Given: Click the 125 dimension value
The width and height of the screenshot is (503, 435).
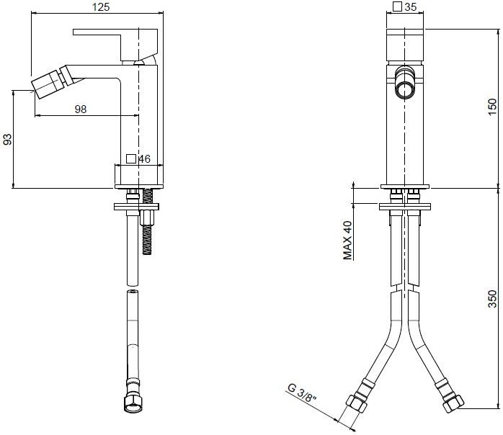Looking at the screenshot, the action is [101, 6].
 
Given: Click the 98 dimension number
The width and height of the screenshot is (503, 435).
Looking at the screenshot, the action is [81, 109].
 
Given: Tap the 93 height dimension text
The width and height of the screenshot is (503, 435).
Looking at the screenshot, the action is [7, 139].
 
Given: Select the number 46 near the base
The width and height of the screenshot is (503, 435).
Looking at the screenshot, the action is [144, 158].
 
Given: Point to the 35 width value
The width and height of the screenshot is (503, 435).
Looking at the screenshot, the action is [411, 6].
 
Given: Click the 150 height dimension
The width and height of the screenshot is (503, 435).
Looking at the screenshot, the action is [492, 107].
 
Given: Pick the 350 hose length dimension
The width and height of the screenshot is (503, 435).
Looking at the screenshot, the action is [492, 299].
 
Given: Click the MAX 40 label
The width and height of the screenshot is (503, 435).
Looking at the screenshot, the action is [348, 240].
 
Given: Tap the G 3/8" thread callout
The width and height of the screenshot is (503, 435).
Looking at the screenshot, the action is [302, 393].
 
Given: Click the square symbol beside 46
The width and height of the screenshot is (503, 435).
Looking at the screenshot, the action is [131, 158].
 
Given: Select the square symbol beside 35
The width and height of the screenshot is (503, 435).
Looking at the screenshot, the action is [398, 6].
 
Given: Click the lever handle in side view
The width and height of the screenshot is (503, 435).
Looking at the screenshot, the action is [115, 43].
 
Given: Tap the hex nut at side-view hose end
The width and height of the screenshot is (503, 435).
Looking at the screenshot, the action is [133, 405].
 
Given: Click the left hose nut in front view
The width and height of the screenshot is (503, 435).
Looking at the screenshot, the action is [357, 404].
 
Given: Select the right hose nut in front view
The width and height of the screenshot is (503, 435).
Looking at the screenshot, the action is [453, 403].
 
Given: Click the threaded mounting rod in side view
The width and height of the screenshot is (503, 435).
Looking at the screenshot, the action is [147, 221].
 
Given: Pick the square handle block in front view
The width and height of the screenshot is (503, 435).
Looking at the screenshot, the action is [405, 45].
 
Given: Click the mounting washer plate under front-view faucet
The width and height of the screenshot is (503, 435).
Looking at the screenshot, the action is [405, 207].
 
